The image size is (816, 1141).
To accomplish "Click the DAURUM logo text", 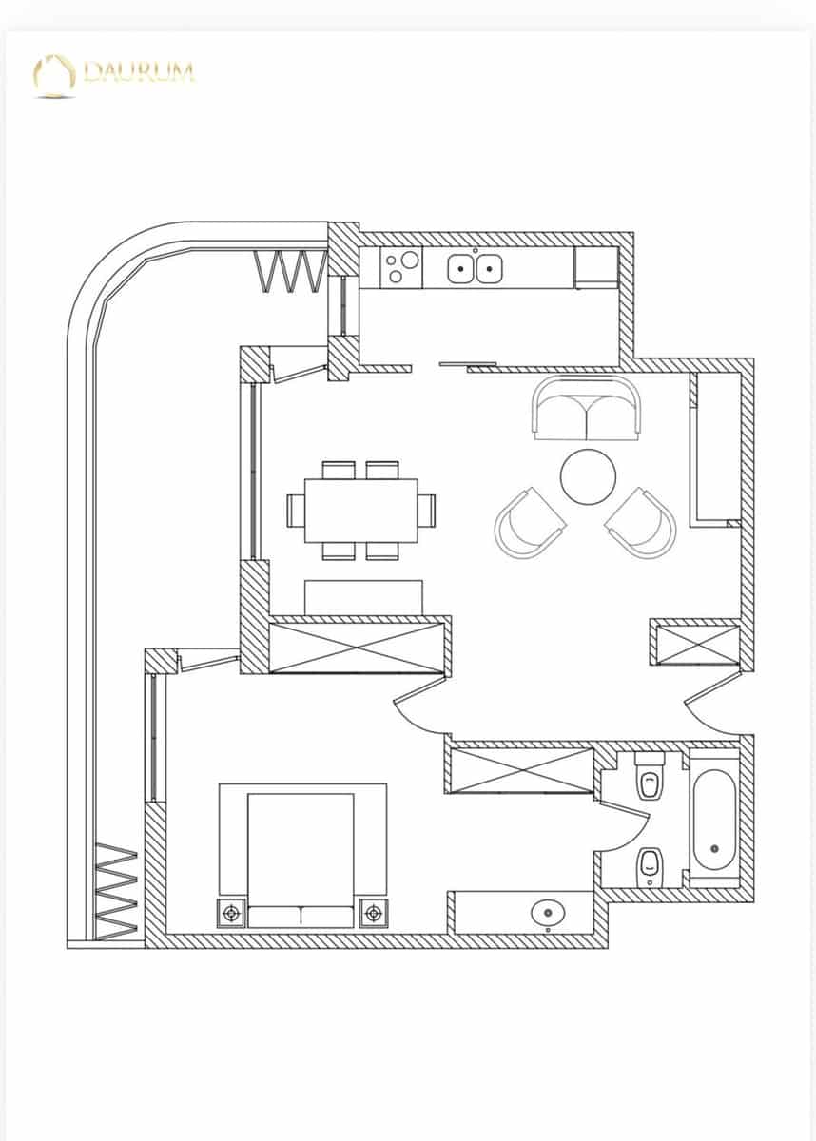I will [x=139, y=71].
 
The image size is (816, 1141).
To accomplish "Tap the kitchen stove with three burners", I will [x=402, y=267].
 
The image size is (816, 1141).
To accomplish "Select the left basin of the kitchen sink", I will [x=461, y=268].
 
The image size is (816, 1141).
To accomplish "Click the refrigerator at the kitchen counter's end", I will [x=596, y=267].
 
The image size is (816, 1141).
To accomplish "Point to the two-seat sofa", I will [x=586, y=410].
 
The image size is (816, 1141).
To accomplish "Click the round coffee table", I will [x=589, y=475].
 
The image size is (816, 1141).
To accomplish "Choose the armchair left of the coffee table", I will [x=528, y=523].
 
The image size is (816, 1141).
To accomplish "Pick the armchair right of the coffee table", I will [x=642, y=522].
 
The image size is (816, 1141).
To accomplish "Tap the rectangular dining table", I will [x=361, y=510].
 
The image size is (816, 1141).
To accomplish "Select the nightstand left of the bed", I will [x=231, y=913].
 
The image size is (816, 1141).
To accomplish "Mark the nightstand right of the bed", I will [x=373, y=913].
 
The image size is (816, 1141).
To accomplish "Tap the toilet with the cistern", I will [x=651, y=779].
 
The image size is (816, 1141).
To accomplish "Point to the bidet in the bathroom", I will [x=651, y=863].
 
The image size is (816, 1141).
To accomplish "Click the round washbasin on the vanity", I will [x=547, y=914].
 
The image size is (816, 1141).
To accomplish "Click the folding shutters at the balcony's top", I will [x=285, y=270].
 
